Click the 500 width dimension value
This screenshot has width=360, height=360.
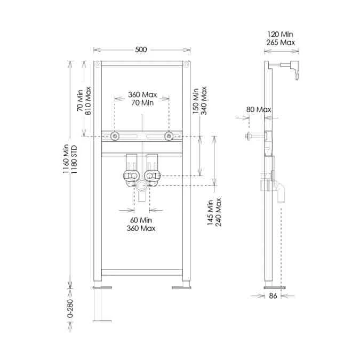141,50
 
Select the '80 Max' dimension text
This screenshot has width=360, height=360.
259,109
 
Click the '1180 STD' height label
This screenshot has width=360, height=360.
74,158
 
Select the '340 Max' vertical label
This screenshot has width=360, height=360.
203,101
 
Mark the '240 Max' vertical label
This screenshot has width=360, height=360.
219,212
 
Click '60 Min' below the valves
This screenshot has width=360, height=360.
141,220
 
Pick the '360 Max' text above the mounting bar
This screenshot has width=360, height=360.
142,94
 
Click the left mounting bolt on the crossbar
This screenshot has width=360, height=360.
115,136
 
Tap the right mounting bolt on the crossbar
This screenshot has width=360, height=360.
169,136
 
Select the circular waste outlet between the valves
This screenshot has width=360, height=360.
142,186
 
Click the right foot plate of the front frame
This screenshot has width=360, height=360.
181,287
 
